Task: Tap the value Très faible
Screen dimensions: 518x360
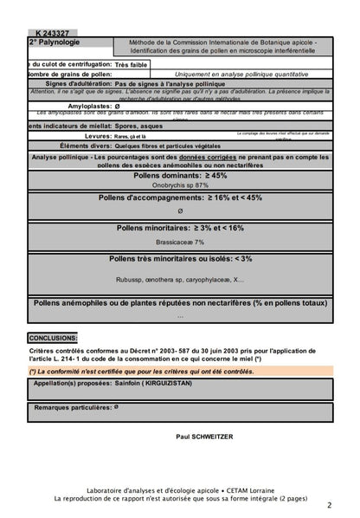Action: click(x=132, y=64)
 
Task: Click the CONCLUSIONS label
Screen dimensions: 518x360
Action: click(x=54, y=338)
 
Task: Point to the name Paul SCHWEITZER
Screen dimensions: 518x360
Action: click(x=204, y=438)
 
